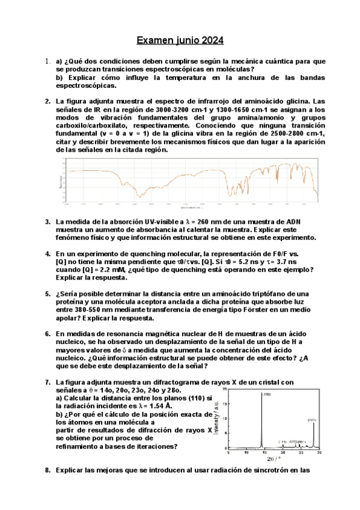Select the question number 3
(x=47, y=222)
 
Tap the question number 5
(x=47, y=294)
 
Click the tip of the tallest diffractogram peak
(x=262, y=392)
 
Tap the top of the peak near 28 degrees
(x=313, y=423)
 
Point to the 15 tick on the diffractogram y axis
(x=225, y=404)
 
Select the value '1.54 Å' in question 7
(x=160, y=406)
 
